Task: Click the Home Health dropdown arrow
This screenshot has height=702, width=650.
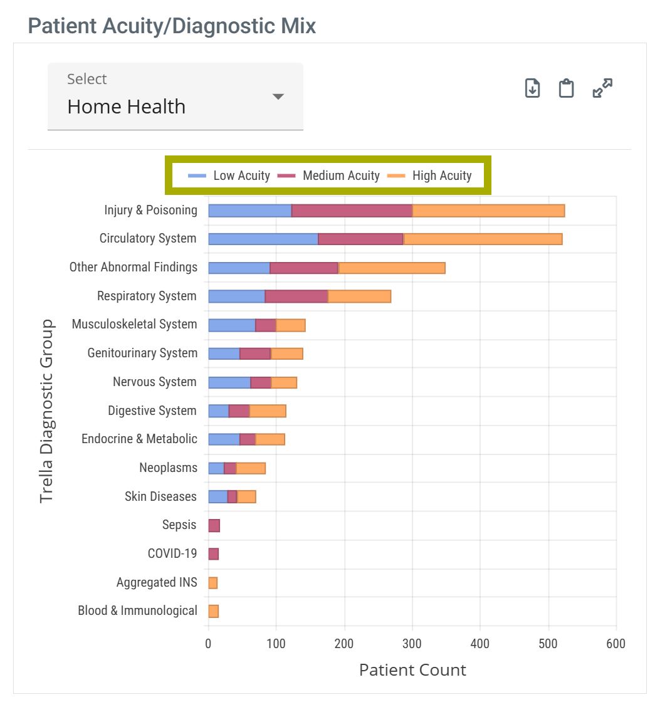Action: coord(278,97)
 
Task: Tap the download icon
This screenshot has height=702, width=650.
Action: coord(532,88)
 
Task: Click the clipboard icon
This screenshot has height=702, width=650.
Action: coord(567,88)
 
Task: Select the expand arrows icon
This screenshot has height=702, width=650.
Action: coord(602,88)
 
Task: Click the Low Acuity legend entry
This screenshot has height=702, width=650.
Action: coord(229,175)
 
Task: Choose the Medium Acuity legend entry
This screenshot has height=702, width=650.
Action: coord(328,175)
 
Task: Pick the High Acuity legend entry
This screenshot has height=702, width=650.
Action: coord(430,175)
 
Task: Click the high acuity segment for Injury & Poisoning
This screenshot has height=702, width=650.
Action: coord(488,211)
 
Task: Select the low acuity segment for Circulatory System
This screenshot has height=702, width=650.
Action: coord(263,239)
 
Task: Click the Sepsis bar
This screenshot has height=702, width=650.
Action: coord(214,525)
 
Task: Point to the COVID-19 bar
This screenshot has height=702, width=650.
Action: coord(214,554)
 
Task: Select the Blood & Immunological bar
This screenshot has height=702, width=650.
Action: coord(214,611)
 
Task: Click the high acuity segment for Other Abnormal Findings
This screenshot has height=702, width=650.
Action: coord(392,268)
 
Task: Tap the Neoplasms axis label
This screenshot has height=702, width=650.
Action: coord(168,468)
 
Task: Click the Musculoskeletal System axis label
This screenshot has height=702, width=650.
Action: coord(134,324)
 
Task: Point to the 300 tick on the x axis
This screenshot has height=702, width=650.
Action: coord(412,644)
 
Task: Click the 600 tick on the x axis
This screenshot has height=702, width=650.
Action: coord(616,644)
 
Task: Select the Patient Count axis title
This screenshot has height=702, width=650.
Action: coord(412,670)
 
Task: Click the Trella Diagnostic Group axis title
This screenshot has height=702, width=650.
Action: coord(47,411)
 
